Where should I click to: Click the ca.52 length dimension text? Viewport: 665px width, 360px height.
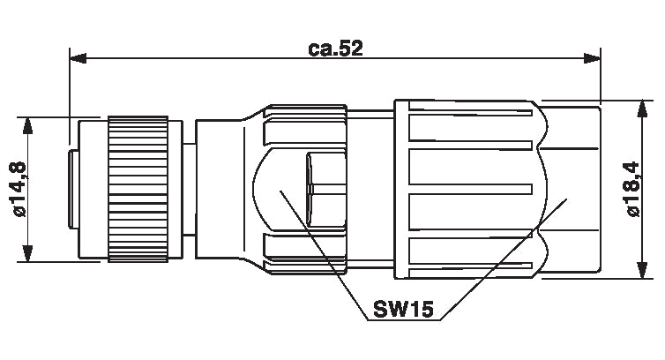pyautogui.click(x=335, y=49)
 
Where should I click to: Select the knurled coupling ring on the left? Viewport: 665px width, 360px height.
pyautogui.click(x=138, y=189)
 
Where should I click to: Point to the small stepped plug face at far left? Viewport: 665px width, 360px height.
pyautogui.click(x=73, y=189)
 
